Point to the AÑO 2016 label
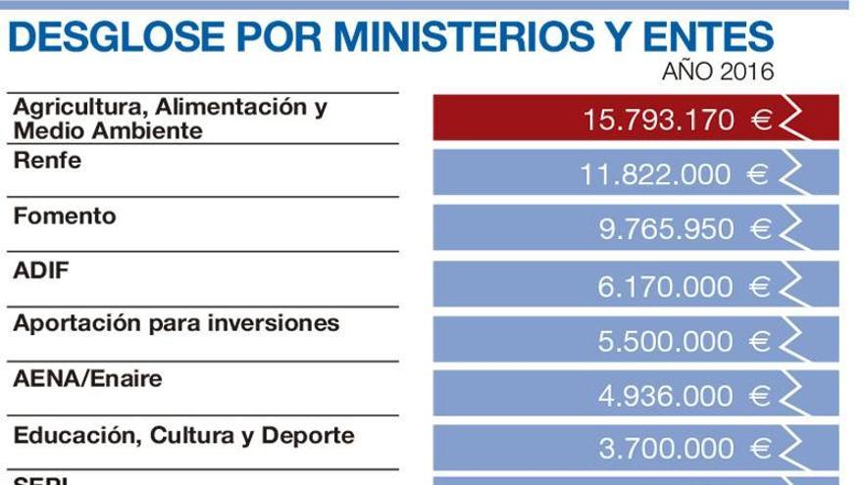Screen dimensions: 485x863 click(718, 72)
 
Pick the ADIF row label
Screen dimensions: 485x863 click(41, 270)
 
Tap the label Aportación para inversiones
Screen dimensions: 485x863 click(176, 323)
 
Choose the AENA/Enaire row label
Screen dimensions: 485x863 click(87, 378)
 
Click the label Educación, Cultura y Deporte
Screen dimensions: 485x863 click(183, 435)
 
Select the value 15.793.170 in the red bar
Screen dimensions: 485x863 click(658, 121)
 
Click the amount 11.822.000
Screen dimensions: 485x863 click(655, 175)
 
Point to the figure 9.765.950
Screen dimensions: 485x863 click(666, 229)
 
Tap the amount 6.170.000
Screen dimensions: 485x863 click(666, 286)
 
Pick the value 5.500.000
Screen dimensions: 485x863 click(666, 341)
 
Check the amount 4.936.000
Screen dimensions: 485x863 click(666, 396)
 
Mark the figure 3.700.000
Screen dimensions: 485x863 click(666, 450)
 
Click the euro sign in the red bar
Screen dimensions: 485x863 click(762, 121)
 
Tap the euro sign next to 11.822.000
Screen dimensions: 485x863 click(758, 175)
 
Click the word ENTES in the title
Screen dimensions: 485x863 click(696, 37)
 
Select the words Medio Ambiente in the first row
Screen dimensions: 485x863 click(108, 131)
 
